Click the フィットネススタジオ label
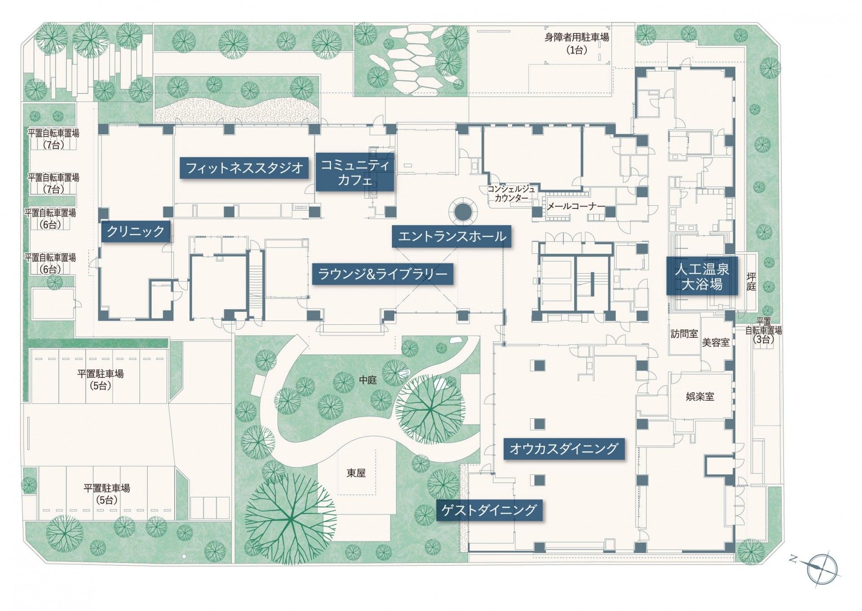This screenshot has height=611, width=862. tap(244, 168)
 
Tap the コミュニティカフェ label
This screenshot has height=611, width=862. tap(355, 172)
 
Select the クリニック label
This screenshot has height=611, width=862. tap(136, 231)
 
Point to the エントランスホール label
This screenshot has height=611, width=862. tap(452, 236)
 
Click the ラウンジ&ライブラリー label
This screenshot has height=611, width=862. tap(383, 274)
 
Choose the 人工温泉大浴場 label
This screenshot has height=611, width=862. tap(701, 276)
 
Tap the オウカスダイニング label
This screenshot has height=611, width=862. tap(564, 448)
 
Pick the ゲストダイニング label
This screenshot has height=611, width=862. tap(488, 509)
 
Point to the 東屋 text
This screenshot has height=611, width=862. tap(356, 473)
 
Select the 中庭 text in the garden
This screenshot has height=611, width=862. tap(368, 380)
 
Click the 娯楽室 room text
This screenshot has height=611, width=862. tap(700, 397)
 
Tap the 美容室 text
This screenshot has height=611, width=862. tap(716, 343)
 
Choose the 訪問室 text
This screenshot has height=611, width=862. tap(684, 334)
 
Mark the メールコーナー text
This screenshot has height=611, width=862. tap(576, 207)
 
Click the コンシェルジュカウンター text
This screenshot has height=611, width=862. tap(511, 193)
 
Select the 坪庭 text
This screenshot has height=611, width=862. tap(751, 282)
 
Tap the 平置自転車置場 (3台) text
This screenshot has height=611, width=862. tap(763, 330)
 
